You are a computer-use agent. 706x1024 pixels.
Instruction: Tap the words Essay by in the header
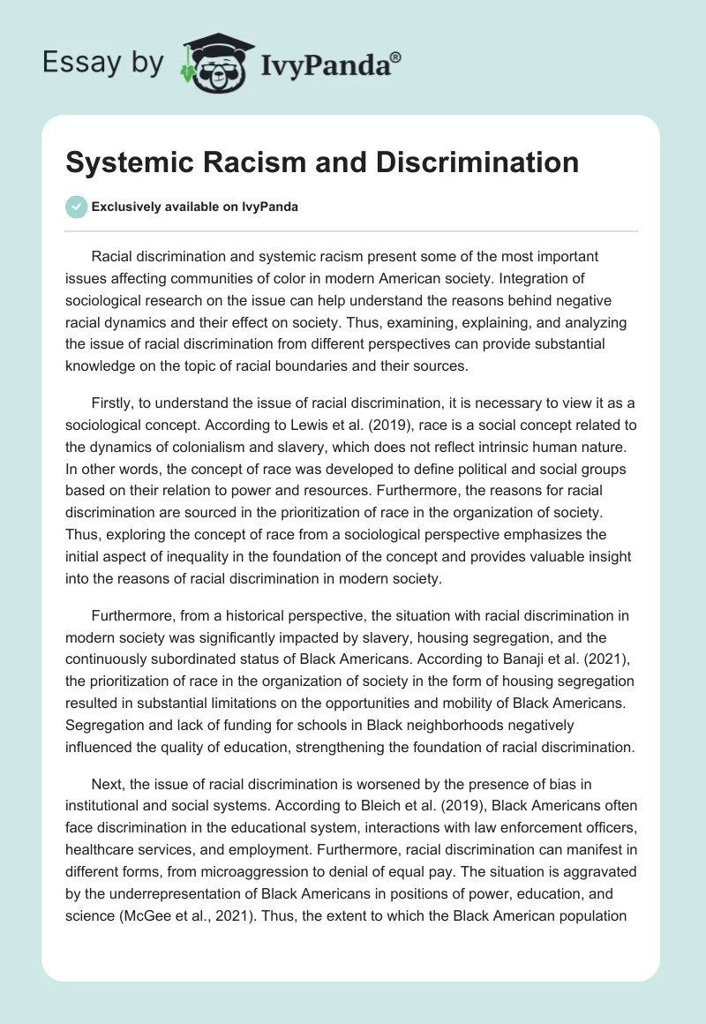tap(102, 63)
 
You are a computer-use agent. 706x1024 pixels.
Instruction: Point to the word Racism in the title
tap(262, 163)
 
